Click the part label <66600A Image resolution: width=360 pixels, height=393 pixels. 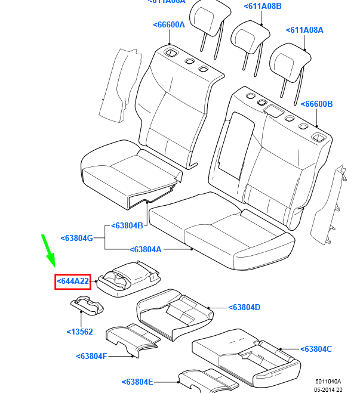(x=169, y=24)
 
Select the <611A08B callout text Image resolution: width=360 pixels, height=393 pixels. (x=262, y=7)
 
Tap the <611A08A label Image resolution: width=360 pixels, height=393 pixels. (x=304, y=30)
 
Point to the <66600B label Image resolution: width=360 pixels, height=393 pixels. (x=316, y=104)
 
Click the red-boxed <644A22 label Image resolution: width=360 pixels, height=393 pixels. (x=72, y=281)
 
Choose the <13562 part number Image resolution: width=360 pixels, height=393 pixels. (x=79, y=332)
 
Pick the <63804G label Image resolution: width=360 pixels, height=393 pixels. (x=77, y=238)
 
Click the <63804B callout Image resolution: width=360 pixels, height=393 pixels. (x=127, y=226)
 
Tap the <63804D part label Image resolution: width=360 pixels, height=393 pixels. (x=244, y=308)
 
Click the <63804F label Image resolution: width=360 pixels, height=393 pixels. (x=91, y=357)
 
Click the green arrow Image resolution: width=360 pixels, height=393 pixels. (x=48, y=251)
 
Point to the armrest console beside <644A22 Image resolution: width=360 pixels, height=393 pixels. (x=129, y=278)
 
